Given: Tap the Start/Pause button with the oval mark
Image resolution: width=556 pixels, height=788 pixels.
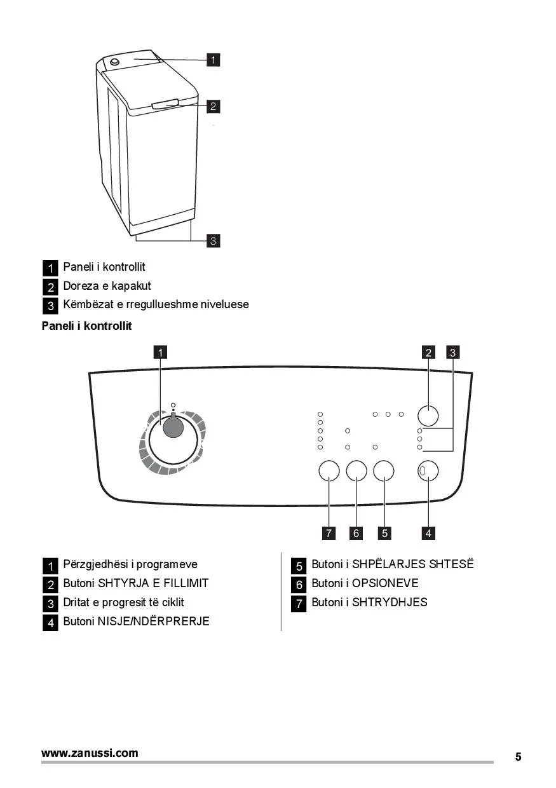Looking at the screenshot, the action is tap(428, 471).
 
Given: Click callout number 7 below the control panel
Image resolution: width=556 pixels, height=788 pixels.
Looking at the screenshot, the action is tap(329, 533).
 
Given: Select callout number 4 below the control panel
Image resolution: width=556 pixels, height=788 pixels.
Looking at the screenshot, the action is tap(428, 533).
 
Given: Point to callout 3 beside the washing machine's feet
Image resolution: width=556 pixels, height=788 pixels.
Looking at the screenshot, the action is tap(213, 241).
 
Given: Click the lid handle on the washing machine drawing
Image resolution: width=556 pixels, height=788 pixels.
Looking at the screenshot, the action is tap(166, 104).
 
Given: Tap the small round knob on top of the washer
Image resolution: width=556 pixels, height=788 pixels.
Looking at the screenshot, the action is tap(114, 62).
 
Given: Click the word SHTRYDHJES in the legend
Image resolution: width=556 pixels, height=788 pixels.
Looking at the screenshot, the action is tap(390, 602).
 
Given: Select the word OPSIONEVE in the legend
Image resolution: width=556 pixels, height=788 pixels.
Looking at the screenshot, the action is tap(385, 583).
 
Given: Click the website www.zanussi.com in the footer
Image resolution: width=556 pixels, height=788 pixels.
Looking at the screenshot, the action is tap(90, 753).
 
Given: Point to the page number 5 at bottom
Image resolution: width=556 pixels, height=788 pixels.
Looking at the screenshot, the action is tap(519, 757).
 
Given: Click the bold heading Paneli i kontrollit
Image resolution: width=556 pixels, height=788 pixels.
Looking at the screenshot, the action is tap(87, 326).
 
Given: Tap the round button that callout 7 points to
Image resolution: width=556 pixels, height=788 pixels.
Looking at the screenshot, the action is tap(329, 471).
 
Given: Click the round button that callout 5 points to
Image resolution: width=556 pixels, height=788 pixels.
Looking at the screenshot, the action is tap(384, 471).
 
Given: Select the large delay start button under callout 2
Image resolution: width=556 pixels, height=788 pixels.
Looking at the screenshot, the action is tap(428, 416).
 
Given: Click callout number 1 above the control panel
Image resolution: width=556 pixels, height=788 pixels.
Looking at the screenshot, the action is tap(161, 353).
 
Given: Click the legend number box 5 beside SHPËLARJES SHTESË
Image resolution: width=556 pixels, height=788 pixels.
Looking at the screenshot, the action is tap(299, 566).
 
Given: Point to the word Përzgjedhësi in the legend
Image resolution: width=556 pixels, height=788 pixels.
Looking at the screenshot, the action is tap(96, 565).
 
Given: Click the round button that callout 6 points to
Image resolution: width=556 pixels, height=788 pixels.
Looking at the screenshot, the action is tap(356, 471).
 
